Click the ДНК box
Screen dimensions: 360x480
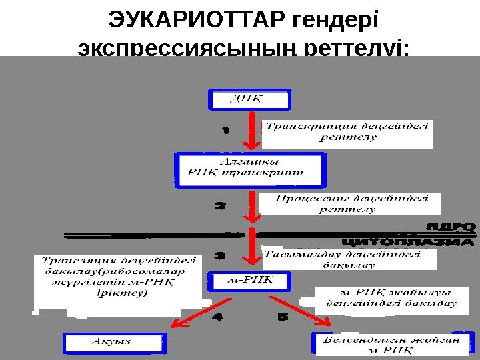coord(251,99)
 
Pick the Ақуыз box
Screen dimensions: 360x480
coord(112,343)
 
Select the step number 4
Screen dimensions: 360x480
coord(219,318)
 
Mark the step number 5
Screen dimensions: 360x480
coord(283,318)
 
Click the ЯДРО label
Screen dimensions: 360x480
coord(451,227)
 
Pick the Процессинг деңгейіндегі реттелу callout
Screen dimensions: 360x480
coord(351,204)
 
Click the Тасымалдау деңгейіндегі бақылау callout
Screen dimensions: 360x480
coord(349,259)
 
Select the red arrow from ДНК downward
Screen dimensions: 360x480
coord(252,131)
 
